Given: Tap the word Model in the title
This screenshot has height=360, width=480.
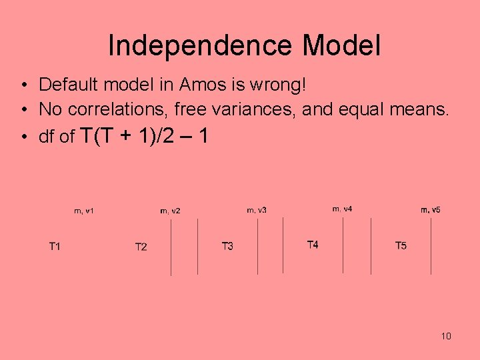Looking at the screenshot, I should pyautogui.click(x=341, y=46).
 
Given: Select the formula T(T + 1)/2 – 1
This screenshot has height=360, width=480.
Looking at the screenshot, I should pyautogui.click(x=144, y=136).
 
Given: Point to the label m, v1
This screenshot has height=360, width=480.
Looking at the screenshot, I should pyautogui.click(x=83, y=211).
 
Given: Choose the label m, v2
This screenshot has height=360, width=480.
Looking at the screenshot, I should pyautogui.click(x=170, y=211).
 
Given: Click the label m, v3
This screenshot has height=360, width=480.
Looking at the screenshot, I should pyautogui.click(x=257, y=210).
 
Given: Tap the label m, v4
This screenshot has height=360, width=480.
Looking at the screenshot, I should pyautogui.click(x=342, y=209).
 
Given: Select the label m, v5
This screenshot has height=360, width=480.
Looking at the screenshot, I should pyautogui.click(x=430, y=210).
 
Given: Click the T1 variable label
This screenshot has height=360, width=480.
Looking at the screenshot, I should pyautogui.click(x=55, y=247).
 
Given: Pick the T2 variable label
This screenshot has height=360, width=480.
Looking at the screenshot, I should pyautogui.click(x=141, y=247).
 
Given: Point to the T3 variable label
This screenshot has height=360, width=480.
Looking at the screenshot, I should pyautogui.click(x=227, y=247).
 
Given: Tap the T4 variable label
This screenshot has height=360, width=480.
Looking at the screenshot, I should pyautogui.click(x=313, y=245).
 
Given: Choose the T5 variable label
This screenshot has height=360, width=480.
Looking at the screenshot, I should pyautogui.click(x=401, y=246).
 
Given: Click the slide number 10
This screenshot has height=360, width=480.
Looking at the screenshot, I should pyautogui.click(x=446, y=336).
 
